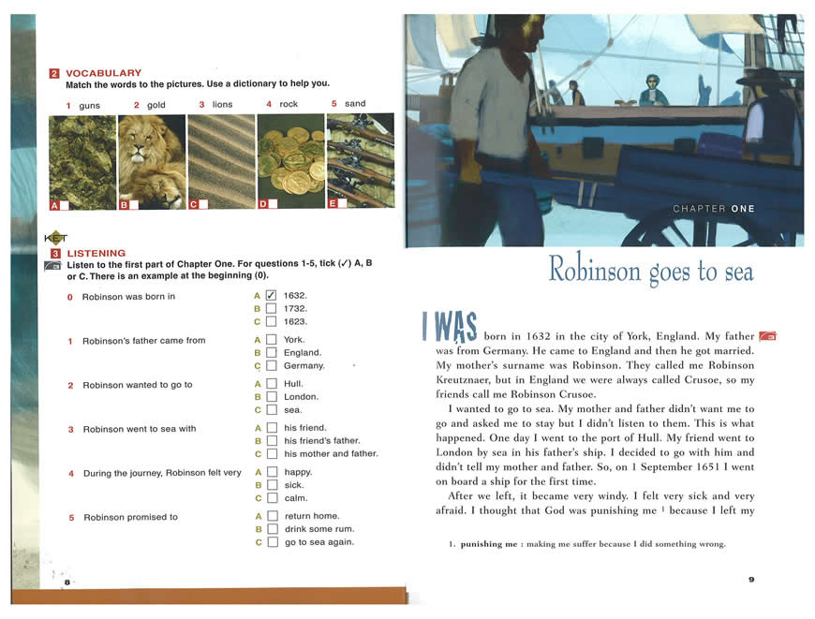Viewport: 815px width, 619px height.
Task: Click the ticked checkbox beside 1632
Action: pyautogui.click(x=272, y=296)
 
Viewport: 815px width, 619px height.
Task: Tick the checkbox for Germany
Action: pyautogui.click(x=272, y=366)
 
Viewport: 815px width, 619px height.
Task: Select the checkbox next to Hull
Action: pyautogui.click(x=272, y=384)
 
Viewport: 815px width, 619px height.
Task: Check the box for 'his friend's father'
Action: pyautogui.click(x=272, y=441)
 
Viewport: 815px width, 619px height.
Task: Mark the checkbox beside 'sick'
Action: pyautogui.click(x=272, y=486)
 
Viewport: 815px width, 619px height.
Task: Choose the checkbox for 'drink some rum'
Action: pyautogui.click(x=272, y=529)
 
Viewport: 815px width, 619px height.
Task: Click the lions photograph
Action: pyautogui.click(x=152, y=161)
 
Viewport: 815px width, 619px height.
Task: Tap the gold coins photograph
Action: pyautogui.click(x=290, y=161)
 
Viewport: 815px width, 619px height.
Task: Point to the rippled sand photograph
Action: pyautogui.click(x=221, y=161)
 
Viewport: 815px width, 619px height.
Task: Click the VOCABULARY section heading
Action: pyautogui.click(x=103, y=73)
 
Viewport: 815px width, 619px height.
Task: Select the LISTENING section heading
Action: pyautogui.click(x=96, y=253)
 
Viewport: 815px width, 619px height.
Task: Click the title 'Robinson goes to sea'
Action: pyautogui.click(x=650, y=271)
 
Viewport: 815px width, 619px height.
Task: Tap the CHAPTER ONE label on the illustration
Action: pyautogui.click(x=713, y=209)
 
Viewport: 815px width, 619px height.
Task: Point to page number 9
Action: pyautogui.click(x=750, y=580)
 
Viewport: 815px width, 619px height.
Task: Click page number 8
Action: pyautogui.click(x=67, y=582)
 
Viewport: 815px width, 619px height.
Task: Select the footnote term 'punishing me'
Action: pyautogui.click(x=489, y=545)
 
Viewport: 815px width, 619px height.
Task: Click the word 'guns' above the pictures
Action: pyautogui.click(x=89, y=106)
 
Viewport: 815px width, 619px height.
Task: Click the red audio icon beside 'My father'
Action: pyautogui.click(x=767, y=336)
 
